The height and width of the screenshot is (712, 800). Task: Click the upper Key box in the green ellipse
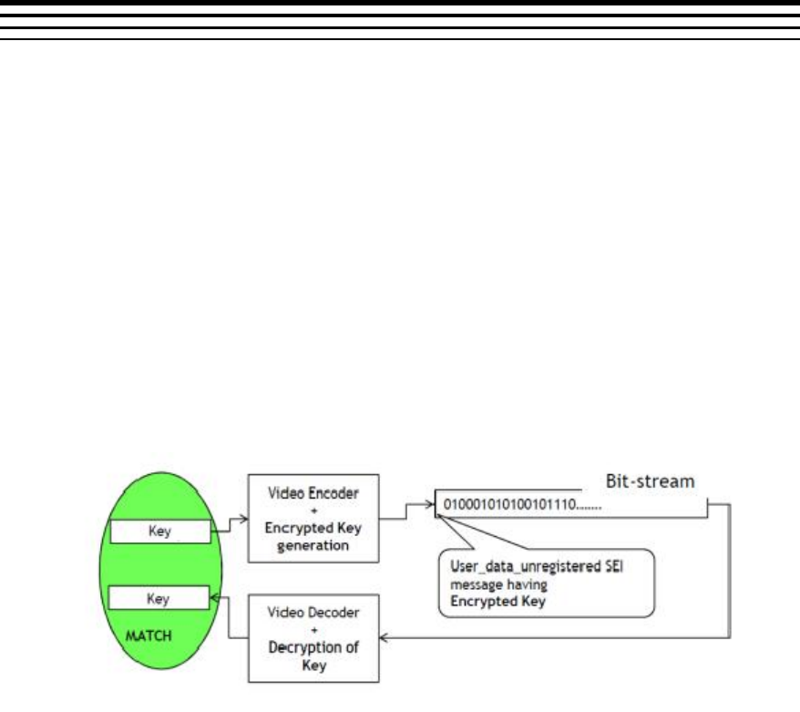159,530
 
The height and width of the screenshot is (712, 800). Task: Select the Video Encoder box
313,517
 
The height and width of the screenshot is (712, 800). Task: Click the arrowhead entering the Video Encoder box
243,517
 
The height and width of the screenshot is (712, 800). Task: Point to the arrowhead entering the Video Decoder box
384,638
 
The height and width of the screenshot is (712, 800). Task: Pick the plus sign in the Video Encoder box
313,507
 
